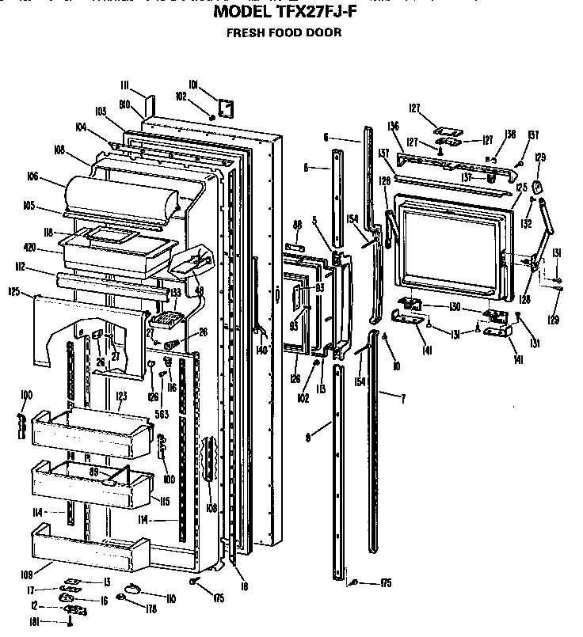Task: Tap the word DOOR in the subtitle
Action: click(326, 33)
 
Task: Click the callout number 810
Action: click(124, 104)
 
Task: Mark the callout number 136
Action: click(393, 127)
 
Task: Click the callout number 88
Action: click(297, 225)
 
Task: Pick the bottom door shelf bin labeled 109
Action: click(87, 548)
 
